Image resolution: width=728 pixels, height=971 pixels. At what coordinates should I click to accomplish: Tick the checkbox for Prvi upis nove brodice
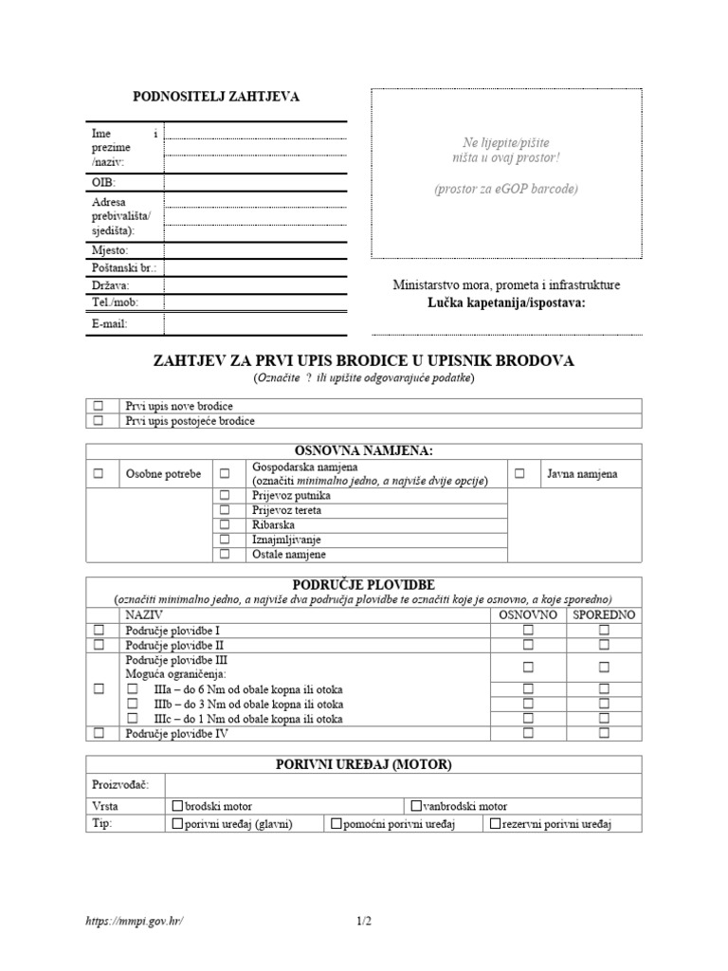(x=98, y=406)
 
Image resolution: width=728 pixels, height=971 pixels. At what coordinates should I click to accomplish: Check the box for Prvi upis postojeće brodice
(x=98, y=421)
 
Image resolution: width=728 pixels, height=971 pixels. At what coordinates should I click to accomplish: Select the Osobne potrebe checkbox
(x=98, y=473)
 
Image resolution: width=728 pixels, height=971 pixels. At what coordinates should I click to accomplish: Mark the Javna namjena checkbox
(x=519, y=473)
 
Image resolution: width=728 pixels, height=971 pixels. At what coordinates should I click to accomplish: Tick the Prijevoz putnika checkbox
(x=226, y=495)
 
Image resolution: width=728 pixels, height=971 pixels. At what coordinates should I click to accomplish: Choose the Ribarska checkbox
(x=226, y=524)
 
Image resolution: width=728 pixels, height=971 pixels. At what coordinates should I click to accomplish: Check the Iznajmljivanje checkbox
(x=226, y=539)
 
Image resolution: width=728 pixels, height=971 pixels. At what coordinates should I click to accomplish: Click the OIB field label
(x=103, y=181)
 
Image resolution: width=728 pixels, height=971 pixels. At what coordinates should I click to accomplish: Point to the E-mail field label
(x=109, y=324)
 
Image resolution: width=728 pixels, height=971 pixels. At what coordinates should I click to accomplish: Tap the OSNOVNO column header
(x=529, y=615)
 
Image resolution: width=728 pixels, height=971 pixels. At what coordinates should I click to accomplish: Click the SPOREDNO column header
(x=604, y=615)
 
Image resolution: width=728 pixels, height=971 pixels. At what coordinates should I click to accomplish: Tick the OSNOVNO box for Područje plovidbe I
(x=529, y=630)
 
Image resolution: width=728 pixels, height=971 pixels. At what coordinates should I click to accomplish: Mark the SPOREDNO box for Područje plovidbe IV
(x=604, y=733)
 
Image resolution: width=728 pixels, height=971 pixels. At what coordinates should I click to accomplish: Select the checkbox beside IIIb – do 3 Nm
(x=133, y=704)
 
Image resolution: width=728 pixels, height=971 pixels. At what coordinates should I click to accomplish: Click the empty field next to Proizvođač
(x=402, y=785)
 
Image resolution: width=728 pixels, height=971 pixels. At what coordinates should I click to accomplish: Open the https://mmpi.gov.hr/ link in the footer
(x=133, y=921)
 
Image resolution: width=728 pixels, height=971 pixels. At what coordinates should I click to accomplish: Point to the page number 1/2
(x=365, y=921)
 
